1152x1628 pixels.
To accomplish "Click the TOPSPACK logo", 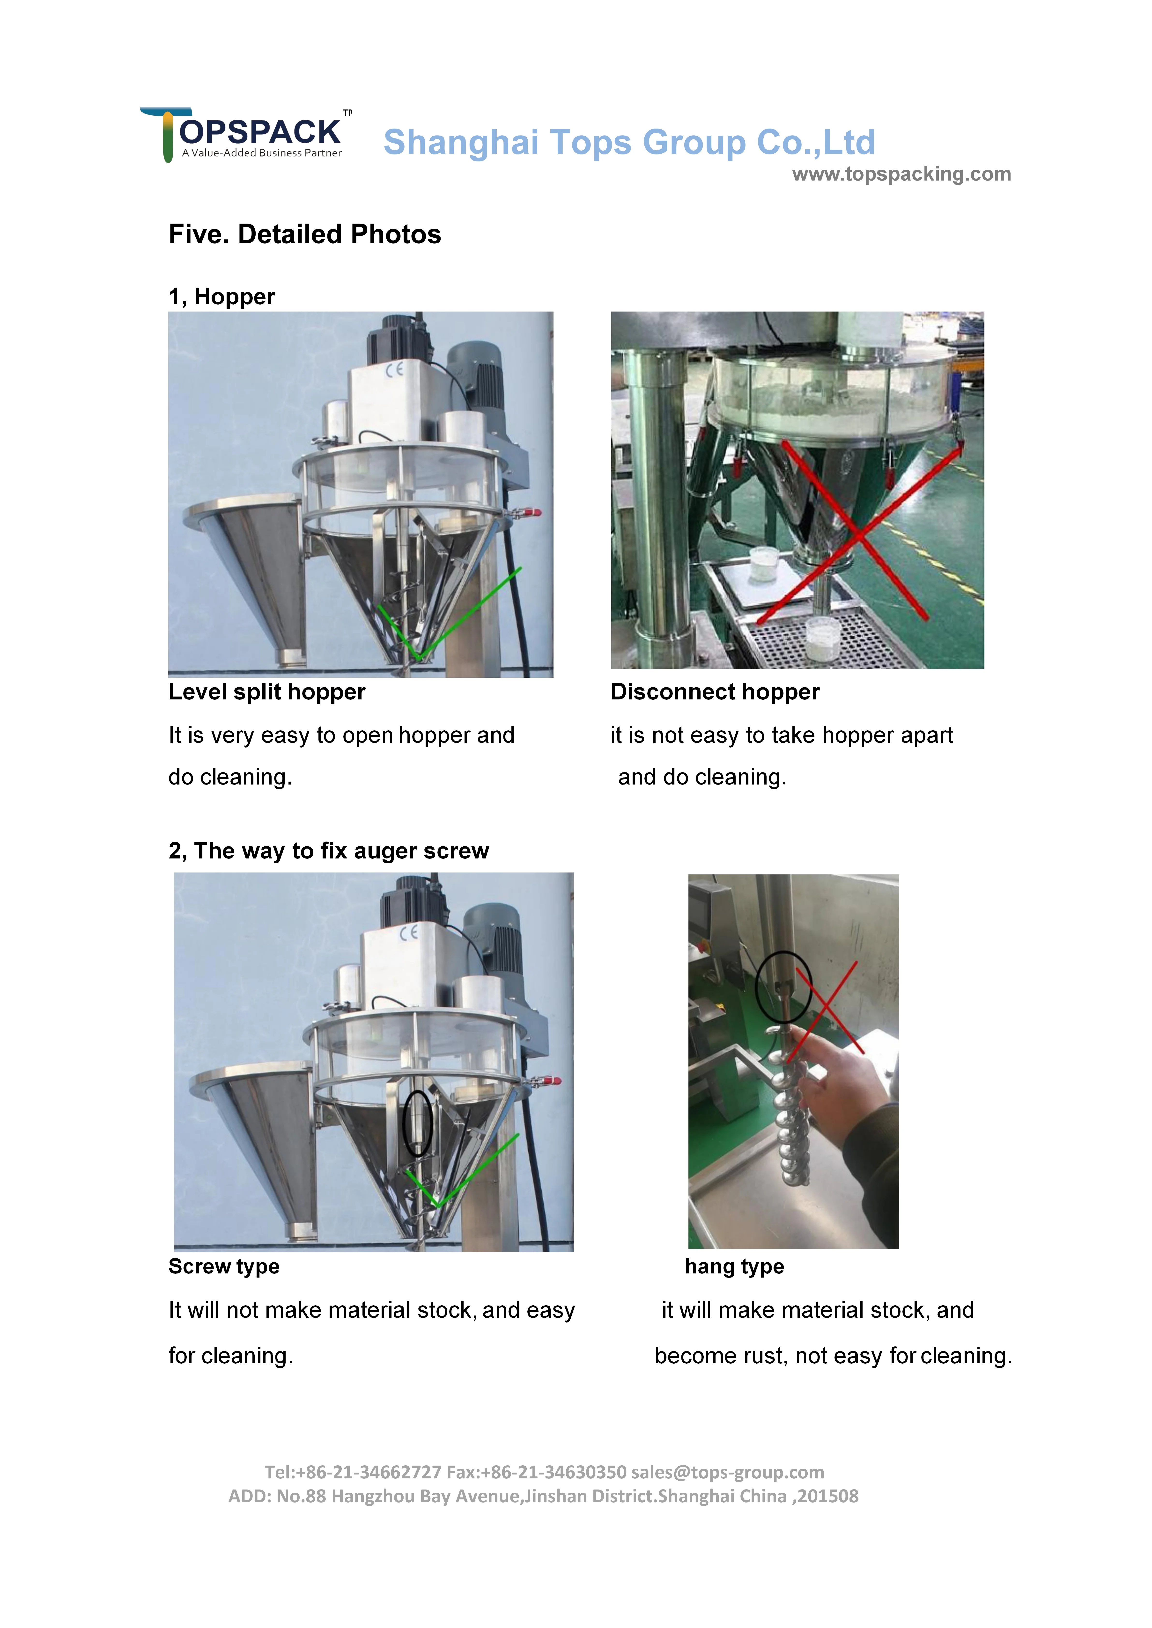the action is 245,135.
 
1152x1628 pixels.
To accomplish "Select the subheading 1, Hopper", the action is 221,296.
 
